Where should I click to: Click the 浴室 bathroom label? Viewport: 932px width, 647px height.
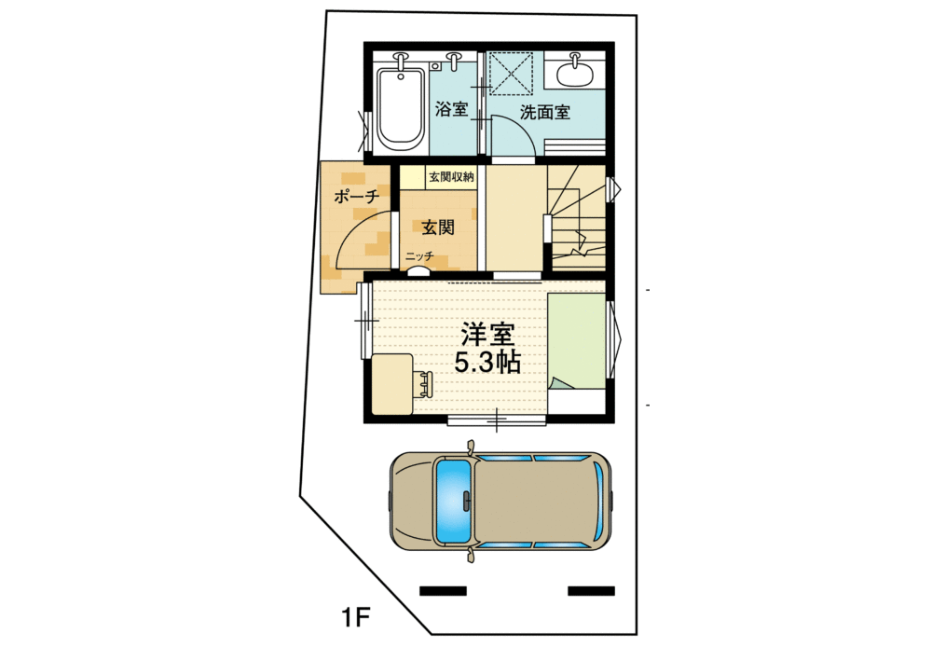coord(452,110)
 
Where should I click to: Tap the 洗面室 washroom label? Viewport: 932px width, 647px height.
coord(545,113)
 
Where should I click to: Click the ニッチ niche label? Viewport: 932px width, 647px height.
coord(418,256)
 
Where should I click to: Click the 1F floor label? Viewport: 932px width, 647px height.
coord(356,616)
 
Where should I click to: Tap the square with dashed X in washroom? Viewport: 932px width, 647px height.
coord(510,72)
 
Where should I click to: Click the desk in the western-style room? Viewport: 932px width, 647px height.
coord(391,384)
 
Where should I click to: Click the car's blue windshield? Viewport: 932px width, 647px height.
coord(453,502)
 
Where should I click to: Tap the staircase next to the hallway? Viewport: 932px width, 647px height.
coord(577,219)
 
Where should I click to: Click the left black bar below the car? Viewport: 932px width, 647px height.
coord(443,590)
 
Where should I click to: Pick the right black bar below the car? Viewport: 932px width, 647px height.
coord(591,590)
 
